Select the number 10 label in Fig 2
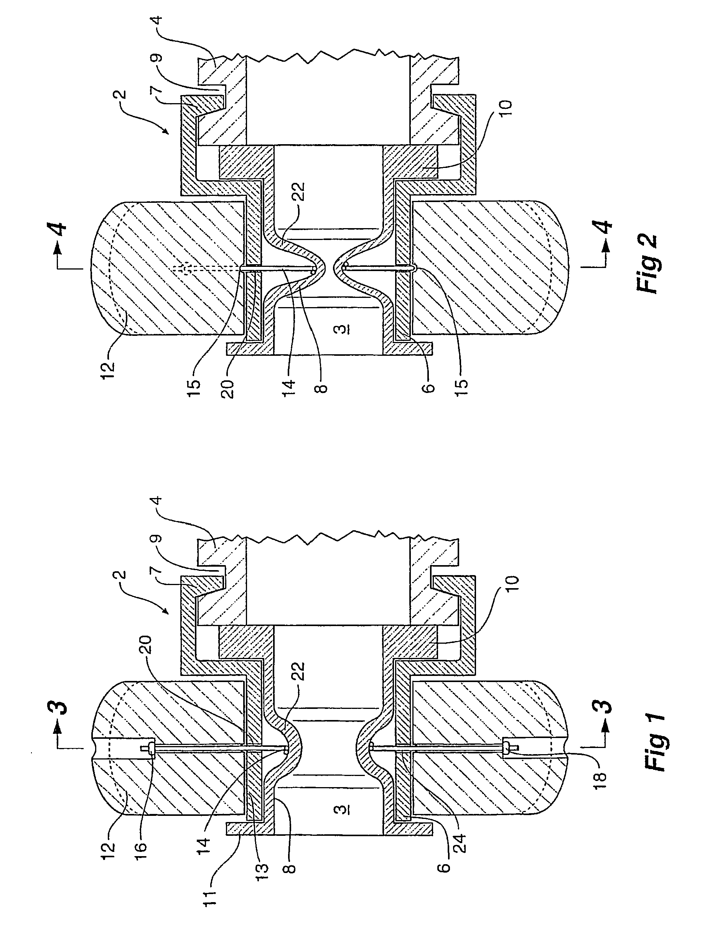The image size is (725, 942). click(x=505, y=112)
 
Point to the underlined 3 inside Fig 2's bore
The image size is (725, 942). click(x=341, y=330)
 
